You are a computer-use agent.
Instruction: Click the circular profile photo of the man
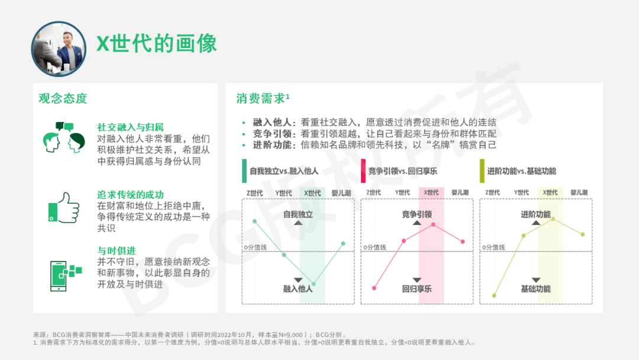click(59, 49)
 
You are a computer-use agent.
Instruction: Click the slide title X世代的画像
click(156, 43)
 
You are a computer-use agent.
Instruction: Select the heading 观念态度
click(63, 98)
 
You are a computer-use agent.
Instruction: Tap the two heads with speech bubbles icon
click(64, 137)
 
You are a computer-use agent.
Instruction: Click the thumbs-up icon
click(64, 208)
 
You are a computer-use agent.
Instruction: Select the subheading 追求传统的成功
click(130, 194)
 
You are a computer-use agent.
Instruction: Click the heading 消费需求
click(263, 98)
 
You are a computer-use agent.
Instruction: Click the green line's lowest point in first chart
click(314, 284)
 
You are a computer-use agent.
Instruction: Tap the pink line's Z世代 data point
click(374, 288)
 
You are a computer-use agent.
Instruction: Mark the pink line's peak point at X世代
click(433, 224)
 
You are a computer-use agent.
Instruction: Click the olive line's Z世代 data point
click(494, 295)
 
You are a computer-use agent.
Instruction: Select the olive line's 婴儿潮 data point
click(583, 234)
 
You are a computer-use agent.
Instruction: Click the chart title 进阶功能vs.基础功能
click(522, 171)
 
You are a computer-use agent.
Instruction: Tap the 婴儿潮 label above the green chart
click(341, 193)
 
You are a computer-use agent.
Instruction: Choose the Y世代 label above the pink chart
click(402, 192)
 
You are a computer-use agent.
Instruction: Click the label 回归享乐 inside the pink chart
click(417, 289)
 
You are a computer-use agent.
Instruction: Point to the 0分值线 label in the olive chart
click(493, 247)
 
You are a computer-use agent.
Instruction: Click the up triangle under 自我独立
click(298, 223)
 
